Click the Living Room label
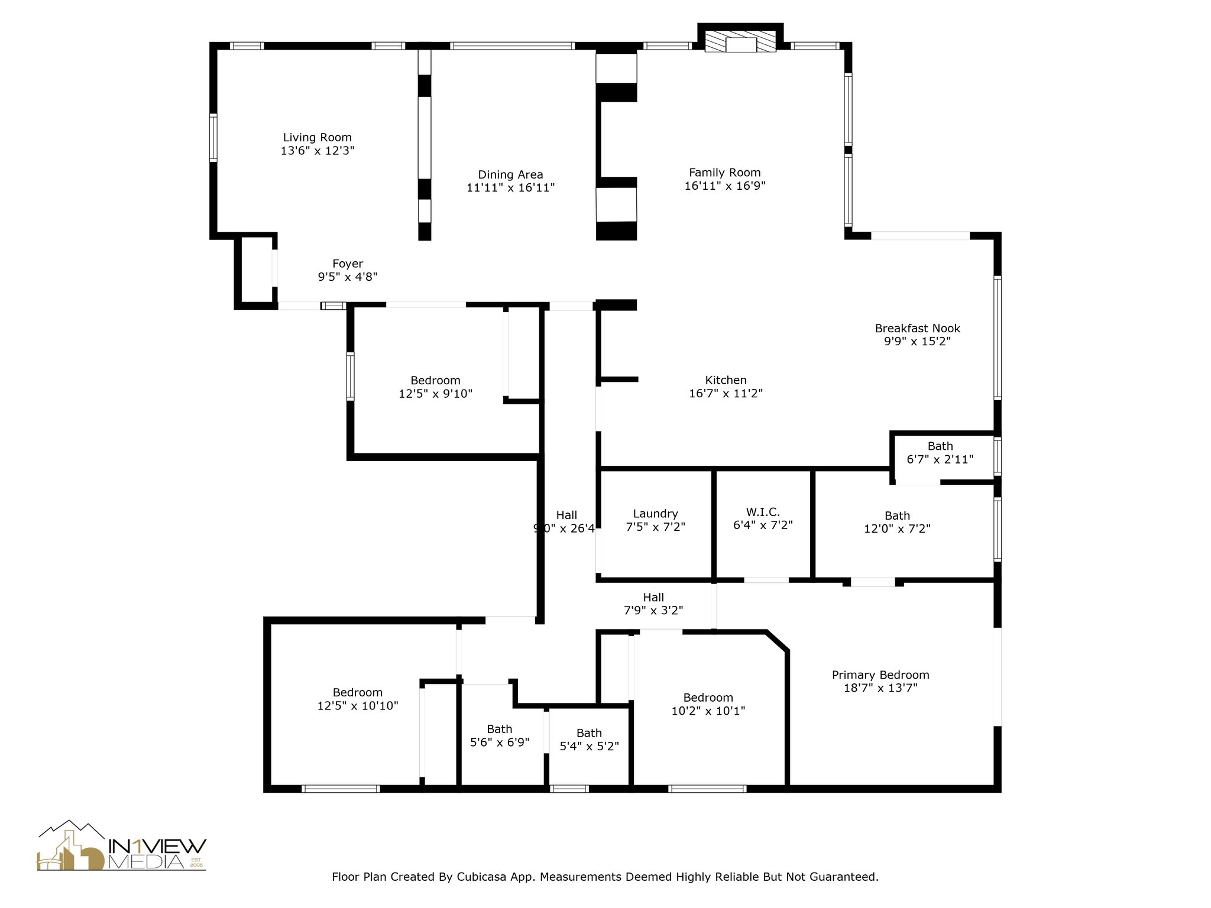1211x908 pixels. (x=317, y=138)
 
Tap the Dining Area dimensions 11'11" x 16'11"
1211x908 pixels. (x=510, y=188)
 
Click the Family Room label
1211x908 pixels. (x=724, y=173)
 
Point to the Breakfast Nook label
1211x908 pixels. (x=917, y=328)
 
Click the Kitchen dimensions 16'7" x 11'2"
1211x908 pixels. (x=726, y=393)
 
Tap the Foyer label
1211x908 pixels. (x=348, y=264)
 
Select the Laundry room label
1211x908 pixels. (x=655, y=514)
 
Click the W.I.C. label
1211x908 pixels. (x=763, y=512)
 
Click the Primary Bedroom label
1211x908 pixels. (x=880, y=675)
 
